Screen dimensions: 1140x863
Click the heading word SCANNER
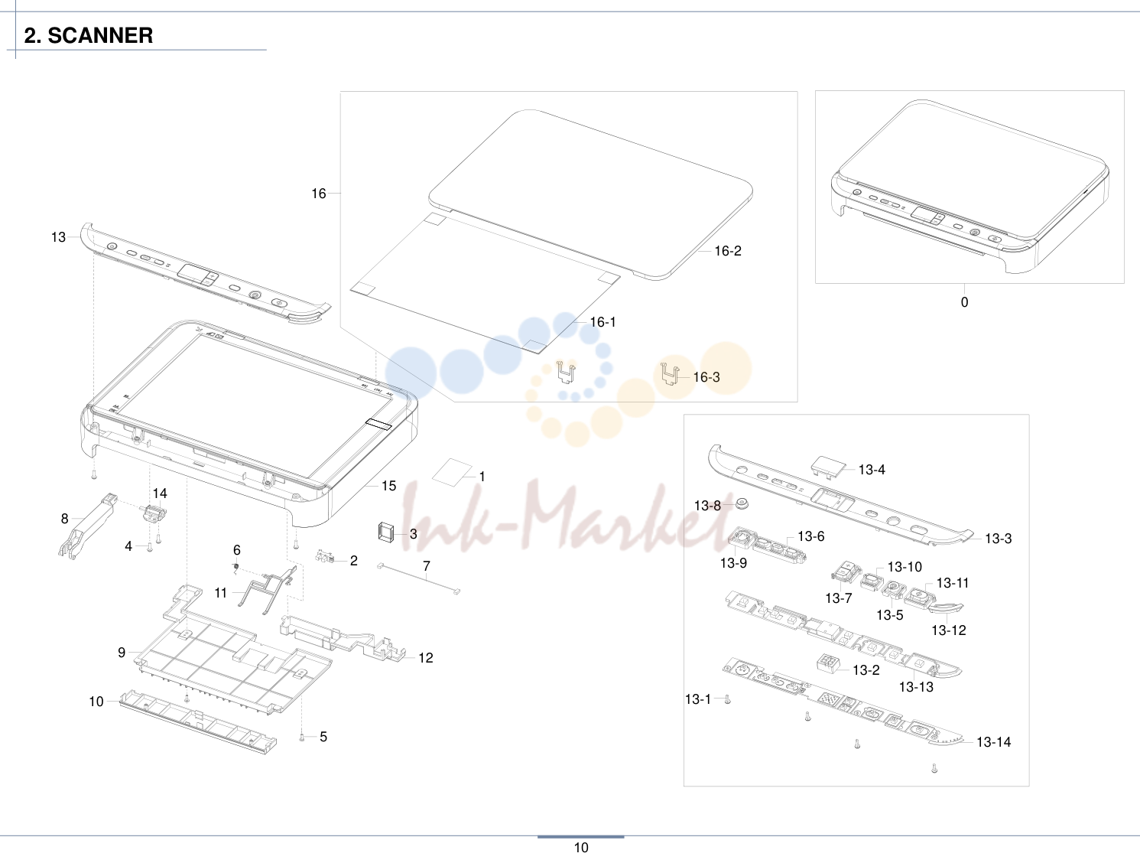100,36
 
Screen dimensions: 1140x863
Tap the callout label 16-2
728,251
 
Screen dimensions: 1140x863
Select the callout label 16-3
706,377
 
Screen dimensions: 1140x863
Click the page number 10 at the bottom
580,848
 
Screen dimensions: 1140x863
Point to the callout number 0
964,302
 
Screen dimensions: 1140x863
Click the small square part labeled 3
386,532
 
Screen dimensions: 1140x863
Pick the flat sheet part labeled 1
453,472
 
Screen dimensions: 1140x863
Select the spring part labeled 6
235,567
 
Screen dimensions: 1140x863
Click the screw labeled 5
302,738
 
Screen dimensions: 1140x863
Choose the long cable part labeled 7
418,578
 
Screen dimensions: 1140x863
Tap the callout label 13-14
993,742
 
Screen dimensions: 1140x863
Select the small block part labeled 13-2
829,663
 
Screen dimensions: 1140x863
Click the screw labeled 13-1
728,700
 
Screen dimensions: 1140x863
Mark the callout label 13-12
948,630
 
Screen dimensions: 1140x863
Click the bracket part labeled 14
154,513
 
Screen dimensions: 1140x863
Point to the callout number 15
388,486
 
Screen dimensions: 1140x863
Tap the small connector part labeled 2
325,556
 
